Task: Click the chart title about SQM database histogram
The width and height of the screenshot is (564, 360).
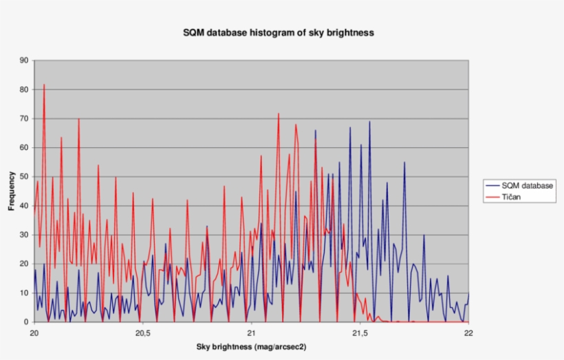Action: click(x=278, y=32)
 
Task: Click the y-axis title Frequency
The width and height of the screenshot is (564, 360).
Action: click(x=12, y=191)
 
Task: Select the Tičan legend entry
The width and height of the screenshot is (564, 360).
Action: click(x=510, y=197)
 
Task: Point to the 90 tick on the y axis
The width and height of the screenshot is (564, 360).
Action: click(x=24, y=61)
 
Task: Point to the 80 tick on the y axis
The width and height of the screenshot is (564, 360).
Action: click(x=24, y=89)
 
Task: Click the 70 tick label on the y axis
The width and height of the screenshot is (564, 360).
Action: click(x=24, y=118)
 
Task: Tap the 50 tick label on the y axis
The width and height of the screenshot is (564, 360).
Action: click(x=24, y=177)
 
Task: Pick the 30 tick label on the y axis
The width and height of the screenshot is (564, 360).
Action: click(x=24, y=235)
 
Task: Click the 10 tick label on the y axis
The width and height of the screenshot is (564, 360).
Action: click(x=24, y=293)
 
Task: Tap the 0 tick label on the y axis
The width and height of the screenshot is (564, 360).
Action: click(x=26, y=322)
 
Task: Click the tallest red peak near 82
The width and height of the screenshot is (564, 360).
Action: click(x=44, y=85)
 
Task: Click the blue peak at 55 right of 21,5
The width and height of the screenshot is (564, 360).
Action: click(x=404, y=162)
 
